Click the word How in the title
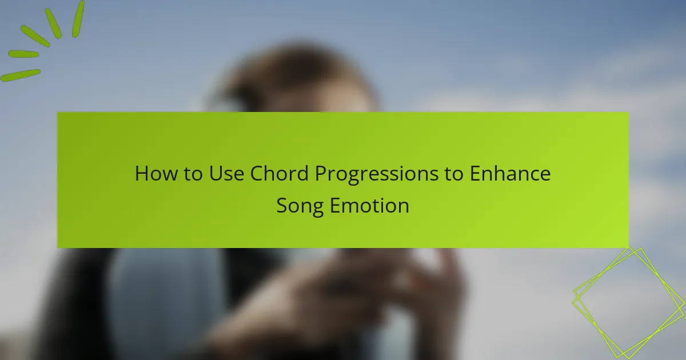[153, 174]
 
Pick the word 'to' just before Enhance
[454, 174]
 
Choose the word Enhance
[510, 174]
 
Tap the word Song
[300, 206]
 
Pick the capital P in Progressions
[320, 174]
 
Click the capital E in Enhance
[475, 174]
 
